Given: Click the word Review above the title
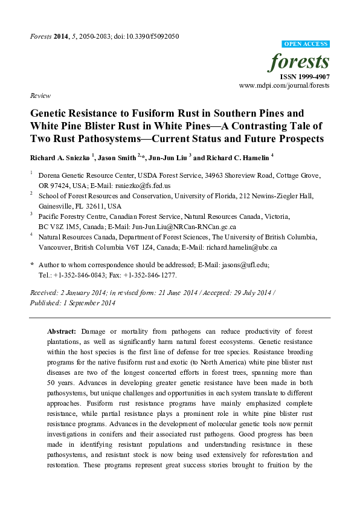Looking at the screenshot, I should coord(39,96).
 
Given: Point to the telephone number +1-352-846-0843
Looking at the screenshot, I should coord(84,274).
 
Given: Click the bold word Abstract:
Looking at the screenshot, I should coord(62,332).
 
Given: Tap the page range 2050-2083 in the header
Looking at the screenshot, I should coord(90,36).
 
